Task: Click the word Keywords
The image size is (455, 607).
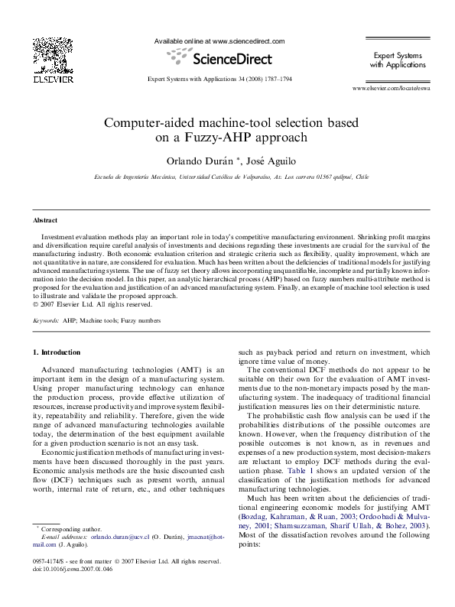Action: click(x=46, y=322)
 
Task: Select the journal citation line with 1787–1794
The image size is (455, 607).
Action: click(x=219, y=80)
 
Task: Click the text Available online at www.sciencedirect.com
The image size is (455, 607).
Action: click(x=219, y=41)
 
